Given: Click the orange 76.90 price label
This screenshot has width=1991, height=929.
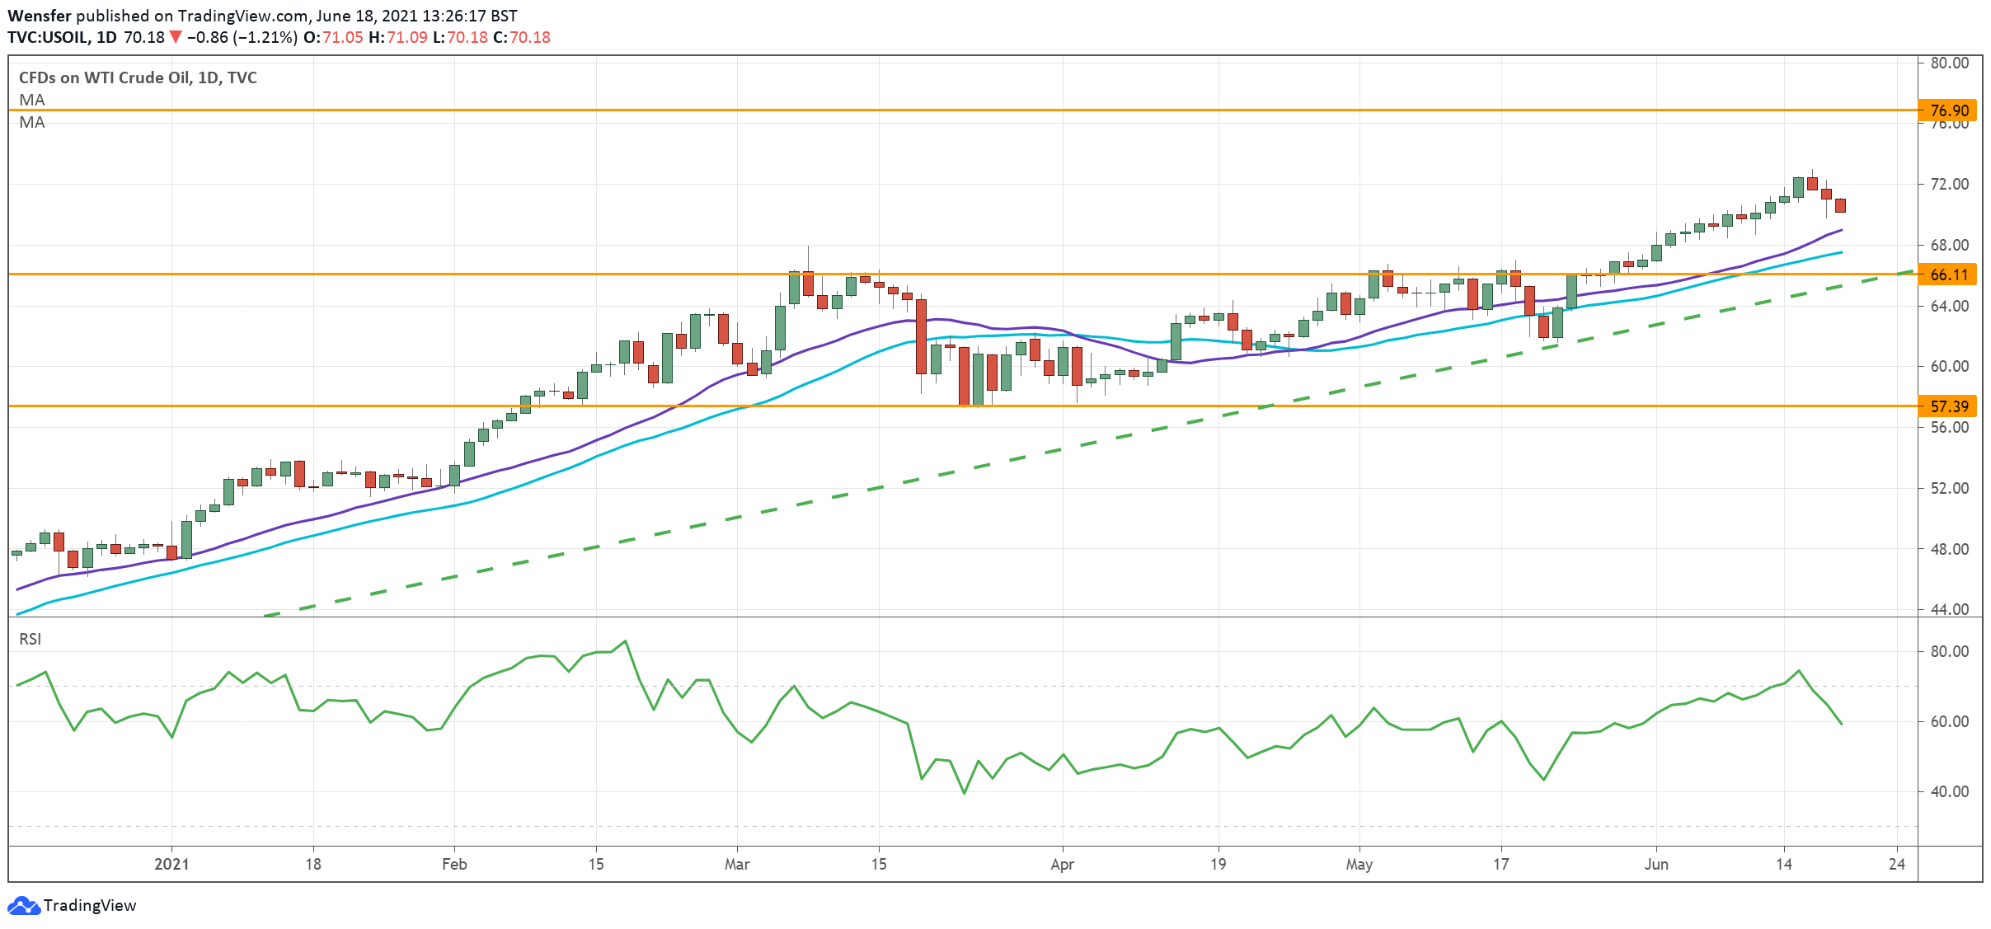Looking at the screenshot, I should click(1948, 110).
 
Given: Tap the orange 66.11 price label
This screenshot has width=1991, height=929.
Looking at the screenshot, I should click(1948, 274).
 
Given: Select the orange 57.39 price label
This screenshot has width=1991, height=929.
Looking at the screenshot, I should click(1948, 406).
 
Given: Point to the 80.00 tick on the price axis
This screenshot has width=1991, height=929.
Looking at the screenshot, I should click(1949, 63).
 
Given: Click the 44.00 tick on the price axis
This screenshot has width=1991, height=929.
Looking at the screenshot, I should click(1949, 610).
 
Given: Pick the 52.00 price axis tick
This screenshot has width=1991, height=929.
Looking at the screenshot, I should click(1949, 489).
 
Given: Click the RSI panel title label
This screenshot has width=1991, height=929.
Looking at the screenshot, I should click(31, 640).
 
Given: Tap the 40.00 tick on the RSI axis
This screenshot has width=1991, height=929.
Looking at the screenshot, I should click(1949, 792).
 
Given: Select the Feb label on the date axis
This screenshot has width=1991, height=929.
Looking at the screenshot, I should click(454, 865).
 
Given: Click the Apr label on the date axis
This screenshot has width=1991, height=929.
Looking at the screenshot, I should click(1063, 865).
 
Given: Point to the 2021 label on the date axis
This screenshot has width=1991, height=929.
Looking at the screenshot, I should click(171, 865).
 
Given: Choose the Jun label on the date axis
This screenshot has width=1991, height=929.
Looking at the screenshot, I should click(1656, 865).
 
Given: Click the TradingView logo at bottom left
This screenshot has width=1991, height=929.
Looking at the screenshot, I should click(73, 906).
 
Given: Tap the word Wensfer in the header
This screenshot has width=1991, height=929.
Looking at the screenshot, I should click(40, 16).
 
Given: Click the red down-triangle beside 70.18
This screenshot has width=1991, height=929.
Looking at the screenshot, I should click(175, 37).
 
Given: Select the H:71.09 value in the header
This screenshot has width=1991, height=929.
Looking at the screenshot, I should click(397, 37).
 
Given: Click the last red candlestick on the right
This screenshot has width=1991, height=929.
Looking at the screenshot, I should click(1840, 206).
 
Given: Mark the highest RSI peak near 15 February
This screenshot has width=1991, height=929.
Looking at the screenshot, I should click(626, 641).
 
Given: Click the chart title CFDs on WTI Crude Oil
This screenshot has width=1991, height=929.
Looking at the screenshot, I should click(138, 78).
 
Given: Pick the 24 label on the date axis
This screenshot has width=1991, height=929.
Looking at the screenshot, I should click(1897, 865).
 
